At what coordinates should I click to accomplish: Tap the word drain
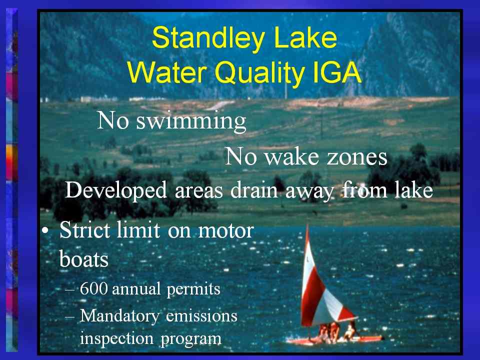(254, 190)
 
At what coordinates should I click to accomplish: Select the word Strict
(84, 230)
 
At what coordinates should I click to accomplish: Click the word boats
(83, 258)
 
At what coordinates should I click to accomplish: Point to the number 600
(93, 288)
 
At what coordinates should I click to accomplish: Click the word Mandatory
(119, 316)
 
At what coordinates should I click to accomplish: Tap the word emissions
(201, 316)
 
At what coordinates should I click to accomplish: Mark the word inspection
(116, 338)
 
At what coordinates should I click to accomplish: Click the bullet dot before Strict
(45, 231)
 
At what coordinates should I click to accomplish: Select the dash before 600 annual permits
(69, 289)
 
